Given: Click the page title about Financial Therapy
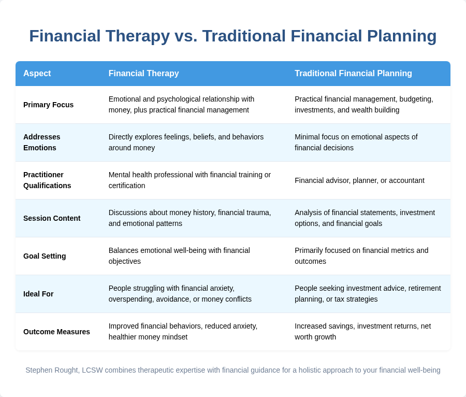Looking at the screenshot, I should pyautogui.click(x=233, y=36).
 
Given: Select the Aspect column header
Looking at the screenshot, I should pyautogui.click(x=37, y=74).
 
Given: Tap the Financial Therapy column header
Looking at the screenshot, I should pyautogui.click(x=143, y=74).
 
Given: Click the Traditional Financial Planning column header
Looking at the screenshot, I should pyautogui.click(x=353, y=74).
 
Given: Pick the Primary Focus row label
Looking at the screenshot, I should pyautogui.click(x=48, y=105).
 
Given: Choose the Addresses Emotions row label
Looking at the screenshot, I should pyautogui.click(x=42, y=143).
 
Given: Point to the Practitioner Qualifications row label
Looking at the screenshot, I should pyautogui.click(x=47, y=180).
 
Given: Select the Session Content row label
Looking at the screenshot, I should pyautogui.click(x=52, y=218).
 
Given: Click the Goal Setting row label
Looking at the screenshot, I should pyautogui.click(x=45, y=256).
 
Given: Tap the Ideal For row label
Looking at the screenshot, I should pyautogui.click(x=38, y=294).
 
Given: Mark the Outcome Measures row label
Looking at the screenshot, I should pyautogui.click(x=56, y=332).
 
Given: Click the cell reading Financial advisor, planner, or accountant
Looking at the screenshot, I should pyautogui.click(x=359, y=180).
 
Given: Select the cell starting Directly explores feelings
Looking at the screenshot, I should pyautogui.click(x=186, y=143).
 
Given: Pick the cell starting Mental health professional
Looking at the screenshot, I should pyautogui.click(x=190, y=180).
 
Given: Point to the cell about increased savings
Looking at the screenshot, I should pyautogui.click(x=362, y=332).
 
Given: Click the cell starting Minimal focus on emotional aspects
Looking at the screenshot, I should pyautogui.click(x=356, y=143).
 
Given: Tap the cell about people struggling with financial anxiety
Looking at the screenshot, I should pyautogui.click(x=180, y=294).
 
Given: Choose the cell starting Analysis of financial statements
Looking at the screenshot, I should pyautogui.click(x=365, y=218).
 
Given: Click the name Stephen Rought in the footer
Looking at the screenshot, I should pyautogui.click(x=52, y=370).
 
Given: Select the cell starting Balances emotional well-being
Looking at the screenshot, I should pyautogui.click(x=179, y=256).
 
